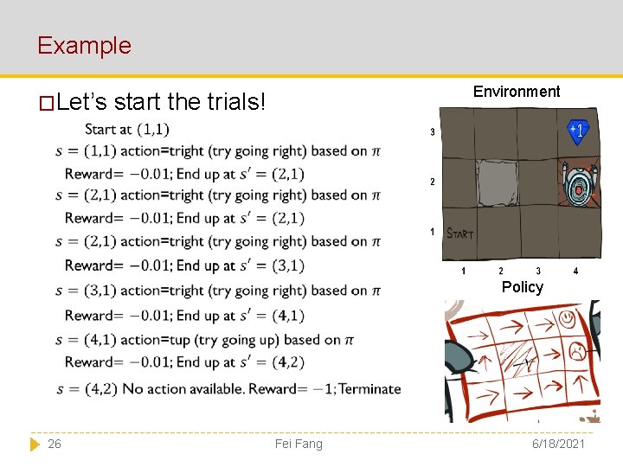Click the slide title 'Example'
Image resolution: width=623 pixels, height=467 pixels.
[84, 45]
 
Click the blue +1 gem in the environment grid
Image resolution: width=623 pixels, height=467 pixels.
[577, 131]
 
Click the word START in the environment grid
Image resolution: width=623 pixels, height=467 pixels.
[460, 233]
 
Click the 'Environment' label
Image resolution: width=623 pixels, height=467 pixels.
[517, 92]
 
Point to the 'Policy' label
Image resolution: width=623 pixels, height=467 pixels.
[523, 287]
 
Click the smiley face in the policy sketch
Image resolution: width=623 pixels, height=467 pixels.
[568, 319]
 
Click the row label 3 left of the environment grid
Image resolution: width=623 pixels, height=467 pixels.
[432, 132]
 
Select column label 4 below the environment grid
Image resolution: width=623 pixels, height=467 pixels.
[575, 272]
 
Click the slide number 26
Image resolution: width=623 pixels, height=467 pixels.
[55, 444]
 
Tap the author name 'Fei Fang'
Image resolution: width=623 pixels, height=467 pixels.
[299, 444]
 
